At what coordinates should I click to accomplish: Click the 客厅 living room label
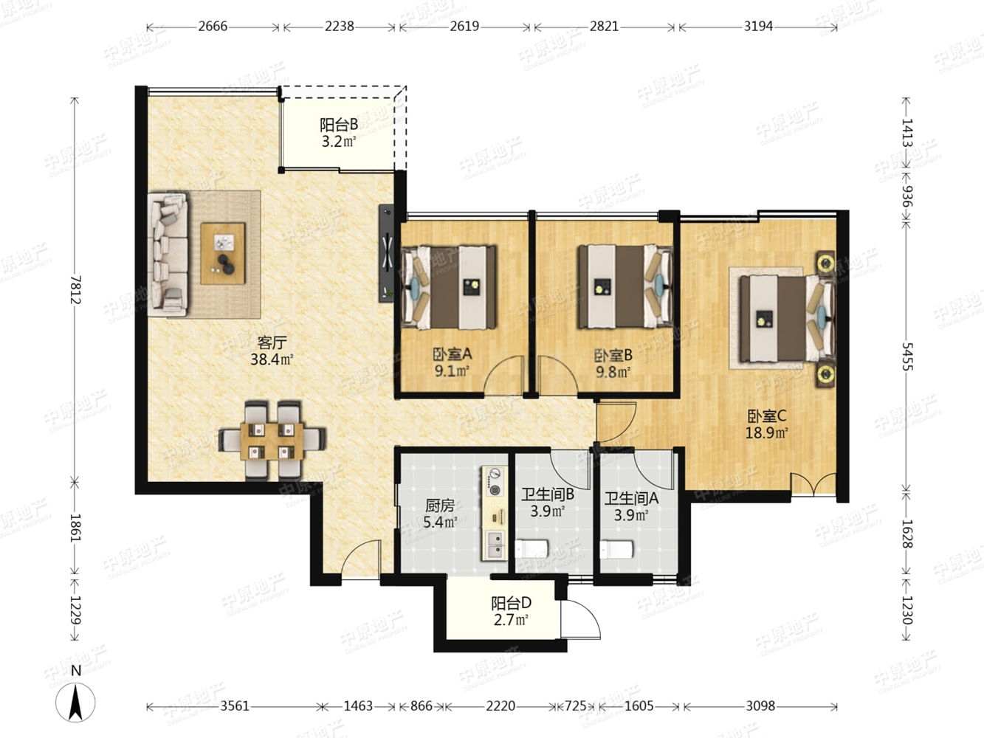[272, 342]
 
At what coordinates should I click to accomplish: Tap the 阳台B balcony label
[339, 125]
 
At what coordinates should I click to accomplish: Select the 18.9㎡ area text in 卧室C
[766, 433]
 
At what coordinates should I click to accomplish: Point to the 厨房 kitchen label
[440, 506]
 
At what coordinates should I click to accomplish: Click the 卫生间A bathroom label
[631, 498]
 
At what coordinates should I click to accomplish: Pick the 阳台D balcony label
[511, 603]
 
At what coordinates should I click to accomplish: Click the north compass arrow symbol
[75, 702]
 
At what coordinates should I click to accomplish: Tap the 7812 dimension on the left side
[76, 289]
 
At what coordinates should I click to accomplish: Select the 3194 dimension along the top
[758, 27]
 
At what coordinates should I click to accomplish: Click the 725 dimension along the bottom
[576, 706]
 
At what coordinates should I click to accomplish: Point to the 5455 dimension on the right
[907, 356]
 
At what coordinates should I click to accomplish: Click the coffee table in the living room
[223, 254]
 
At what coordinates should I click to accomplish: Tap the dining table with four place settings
[272, 441]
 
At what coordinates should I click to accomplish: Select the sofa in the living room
[168, 255]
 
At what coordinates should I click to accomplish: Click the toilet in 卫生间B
[531, 549]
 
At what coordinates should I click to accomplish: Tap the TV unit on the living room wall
[386, 254]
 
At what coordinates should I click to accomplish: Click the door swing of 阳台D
[580, 619]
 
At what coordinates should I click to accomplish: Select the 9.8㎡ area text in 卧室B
[613, 372]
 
